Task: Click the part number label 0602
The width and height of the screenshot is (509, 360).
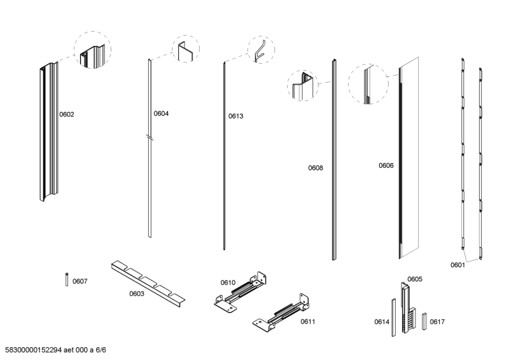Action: (x=67, y=115)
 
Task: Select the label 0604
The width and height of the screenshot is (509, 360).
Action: (x=161, y=114)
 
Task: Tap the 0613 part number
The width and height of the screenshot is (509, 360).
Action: (x=236, y=117)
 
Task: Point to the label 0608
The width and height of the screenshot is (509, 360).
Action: (x=316, y=169)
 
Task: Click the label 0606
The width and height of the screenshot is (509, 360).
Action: (x=386, y=165)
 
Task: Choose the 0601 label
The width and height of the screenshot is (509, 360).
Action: (x=457, y=265)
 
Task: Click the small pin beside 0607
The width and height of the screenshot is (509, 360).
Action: (x=67, y=279)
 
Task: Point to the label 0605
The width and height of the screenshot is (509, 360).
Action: (x=415, y=279)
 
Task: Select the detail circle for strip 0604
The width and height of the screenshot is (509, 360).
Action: (x=185, y=49)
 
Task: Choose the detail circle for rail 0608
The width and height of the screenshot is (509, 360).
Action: (x=303, y=85)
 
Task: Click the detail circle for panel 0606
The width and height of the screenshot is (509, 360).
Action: (x=368, y=83)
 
